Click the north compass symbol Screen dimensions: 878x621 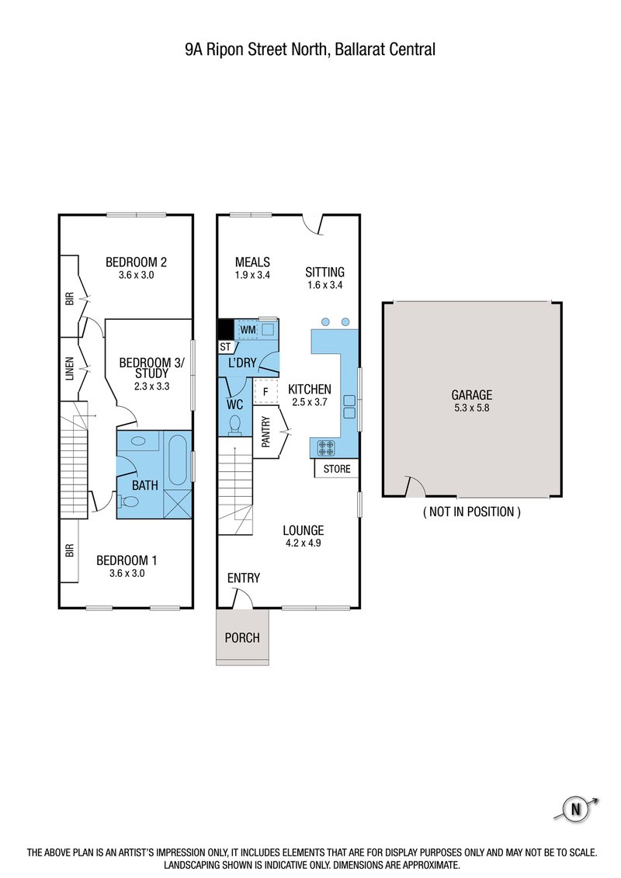pos(576,809)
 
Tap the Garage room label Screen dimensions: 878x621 pos(472,394)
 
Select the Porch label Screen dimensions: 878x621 pos(242,638)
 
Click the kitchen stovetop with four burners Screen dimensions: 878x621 pos(325,448)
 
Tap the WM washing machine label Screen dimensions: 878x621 pos(248,331)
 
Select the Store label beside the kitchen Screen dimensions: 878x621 pos(336,469)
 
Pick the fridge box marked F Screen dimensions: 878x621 pos(265,391)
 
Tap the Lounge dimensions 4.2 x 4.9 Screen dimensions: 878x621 pos(303,543)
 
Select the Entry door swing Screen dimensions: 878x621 pos(244,597)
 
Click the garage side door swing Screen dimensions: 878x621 pos(415,487)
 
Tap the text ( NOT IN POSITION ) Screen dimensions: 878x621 pos(471,512)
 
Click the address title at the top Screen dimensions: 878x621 pos(310,50)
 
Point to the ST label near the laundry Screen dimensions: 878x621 pos(226,347)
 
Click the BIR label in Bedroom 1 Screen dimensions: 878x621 pos(69,550)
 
